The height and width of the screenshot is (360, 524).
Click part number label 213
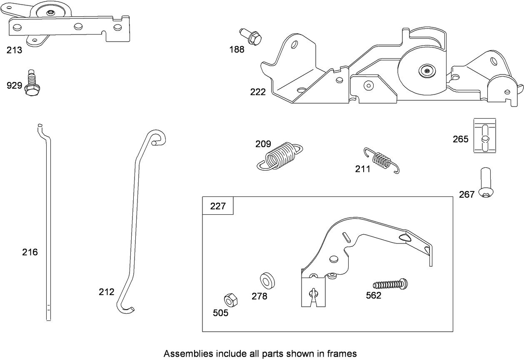pos(14,51)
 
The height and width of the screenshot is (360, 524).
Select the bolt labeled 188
pos(251,37)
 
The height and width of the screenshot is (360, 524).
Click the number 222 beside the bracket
pos(258,92)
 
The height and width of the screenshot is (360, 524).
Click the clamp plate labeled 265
pos(485,136)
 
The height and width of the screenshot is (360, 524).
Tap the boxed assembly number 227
pos(217,206)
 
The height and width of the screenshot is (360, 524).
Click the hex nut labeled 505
pos(230,300)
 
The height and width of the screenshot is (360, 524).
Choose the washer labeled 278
pos(265,281)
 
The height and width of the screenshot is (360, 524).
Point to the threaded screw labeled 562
pos(390,285)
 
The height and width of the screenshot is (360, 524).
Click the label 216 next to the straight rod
pos(30,252)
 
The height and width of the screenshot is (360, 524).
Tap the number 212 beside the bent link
pos(106,292)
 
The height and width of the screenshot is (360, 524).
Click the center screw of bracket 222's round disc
pos(428,72)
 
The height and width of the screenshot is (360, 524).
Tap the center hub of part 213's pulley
pos(50,13)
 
